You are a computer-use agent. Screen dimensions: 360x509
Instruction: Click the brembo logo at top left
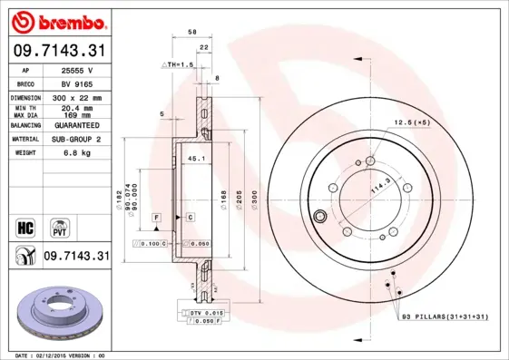[56, 20]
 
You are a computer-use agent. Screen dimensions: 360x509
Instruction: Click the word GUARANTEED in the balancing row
[75, 124]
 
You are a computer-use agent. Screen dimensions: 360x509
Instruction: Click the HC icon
[25, 227]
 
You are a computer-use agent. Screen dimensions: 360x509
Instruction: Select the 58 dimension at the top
[192, 32]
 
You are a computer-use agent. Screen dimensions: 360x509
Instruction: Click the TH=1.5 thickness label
[179, 64]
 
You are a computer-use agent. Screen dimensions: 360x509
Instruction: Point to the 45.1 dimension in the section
[193, 159]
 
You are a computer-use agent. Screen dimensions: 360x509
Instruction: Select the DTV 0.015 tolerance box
[205, 312]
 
